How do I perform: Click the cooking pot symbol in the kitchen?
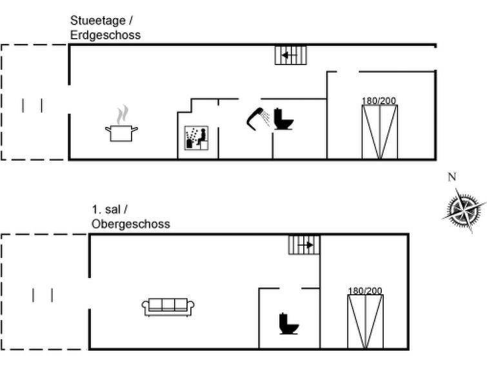coord(121,130)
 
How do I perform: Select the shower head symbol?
coord(259,117)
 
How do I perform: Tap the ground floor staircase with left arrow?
coord(291,56)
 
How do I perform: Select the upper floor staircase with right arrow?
coord(304,246)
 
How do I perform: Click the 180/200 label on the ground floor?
coord(379,101)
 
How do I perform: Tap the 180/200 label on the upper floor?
coord(365,291)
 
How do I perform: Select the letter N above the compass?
coord(452,177)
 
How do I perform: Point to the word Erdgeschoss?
coord(105,34)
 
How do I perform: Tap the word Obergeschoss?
coord(130,224)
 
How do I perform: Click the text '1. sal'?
coord(106,210)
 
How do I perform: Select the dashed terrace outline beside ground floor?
coord(34,102)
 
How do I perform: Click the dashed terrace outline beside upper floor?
coord(43,292)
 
